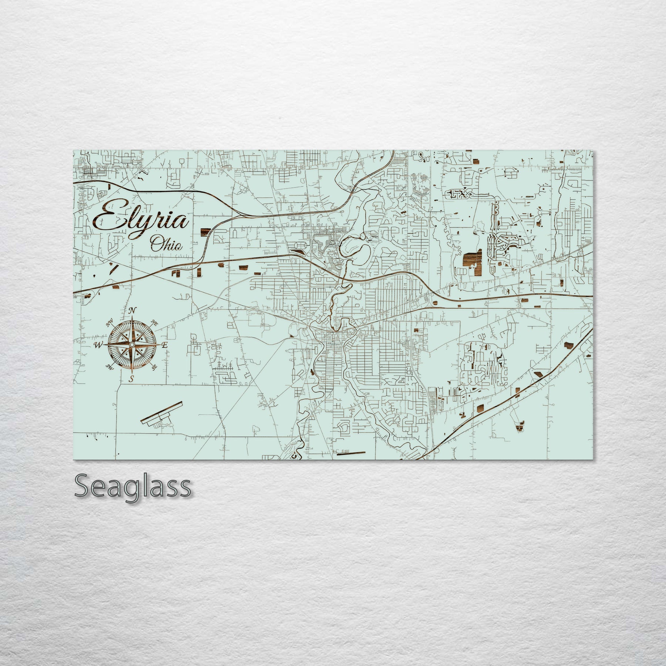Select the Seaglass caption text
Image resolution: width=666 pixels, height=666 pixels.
click(132, 487)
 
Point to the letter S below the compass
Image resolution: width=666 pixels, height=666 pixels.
click(131, 379)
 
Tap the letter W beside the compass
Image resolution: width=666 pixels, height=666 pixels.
click(98, 346)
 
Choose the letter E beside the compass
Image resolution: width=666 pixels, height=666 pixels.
click(165, 345)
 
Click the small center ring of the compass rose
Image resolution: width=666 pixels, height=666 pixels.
click(131, 345)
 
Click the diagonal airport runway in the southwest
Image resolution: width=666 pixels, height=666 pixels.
click(162, 411)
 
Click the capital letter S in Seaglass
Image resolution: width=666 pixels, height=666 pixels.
click(82, 487)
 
